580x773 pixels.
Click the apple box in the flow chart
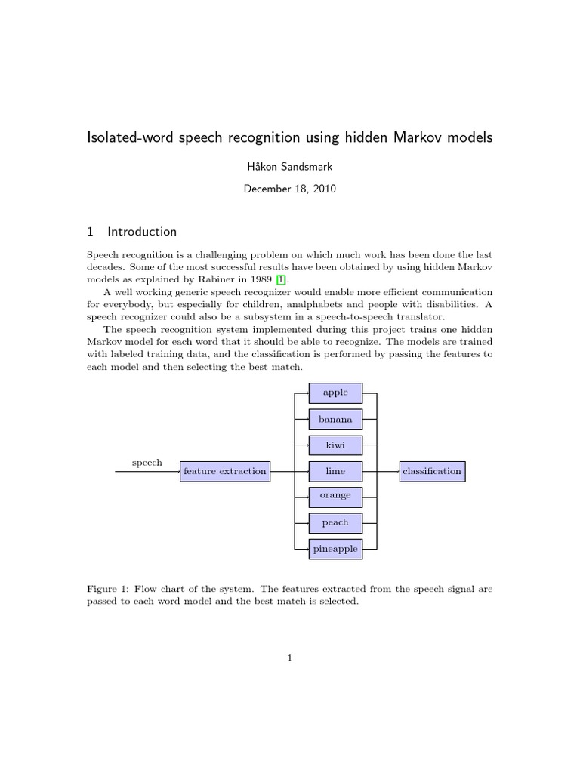tap(335, 393)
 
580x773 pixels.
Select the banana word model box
tap(335, 419)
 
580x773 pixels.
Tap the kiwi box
tap(335, 445)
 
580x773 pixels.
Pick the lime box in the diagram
tap(335, 471)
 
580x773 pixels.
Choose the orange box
tap(335, 496)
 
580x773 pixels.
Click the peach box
tap(335, 522)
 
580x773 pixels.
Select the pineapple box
tap(335, 549)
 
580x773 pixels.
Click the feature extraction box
tap(225, 471)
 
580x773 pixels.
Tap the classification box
tap(432, 471)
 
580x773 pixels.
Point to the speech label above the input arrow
tap(147, 463)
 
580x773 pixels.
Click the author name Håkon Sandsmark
tap(290, 167)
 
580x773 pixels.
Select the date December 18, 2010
tap(290, 189)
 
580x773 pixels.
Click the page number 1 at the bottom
tap(289, 658)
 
